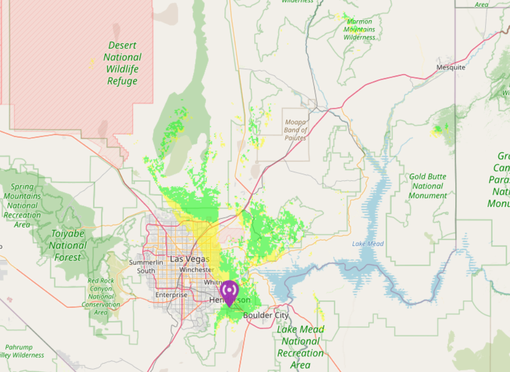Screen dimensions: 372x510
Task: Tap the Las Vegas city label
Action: click(x=190, y=259)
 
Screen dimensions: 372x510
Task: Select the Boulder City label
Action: click(x=266, y=315)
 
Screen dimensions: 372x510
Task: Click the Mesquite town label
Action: click(x=451, y=67)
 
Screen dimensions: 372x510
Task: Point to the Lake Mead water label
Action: click(x=368, y=244)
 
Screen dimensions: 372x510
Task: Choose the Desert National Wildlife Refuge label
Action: click(x=123, y=63)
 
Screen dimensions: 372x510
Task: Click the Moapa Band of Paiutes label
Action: click(x=296, y=130)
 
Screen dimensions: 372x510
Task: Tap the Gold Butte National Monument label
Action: click(x=428, y=186)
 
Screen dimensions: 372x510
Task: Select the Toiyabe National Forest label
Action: click(x=67, y=245)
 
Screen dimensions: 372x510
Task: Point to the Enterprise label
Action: click(x=171, y=295)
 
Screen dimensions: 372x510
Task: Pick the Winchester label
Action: click(x=196, y=270)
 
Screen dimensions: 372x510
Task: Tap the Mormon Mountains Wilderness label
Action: click(x=359, y=29)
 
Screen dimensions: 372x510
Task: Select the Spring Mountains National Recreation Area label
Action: click(x=22, y=206)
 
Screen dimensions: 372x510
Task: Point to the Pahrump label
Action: click(x=19, y=348)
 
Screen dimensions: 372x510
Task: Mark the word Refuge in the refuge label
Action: click(x=123, y=81)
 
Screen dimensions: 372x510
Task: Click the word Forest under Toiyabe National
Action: click(x=67, y=258)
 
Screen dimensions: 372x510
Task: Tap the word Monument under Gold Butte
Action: click(x=428, y=196)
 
